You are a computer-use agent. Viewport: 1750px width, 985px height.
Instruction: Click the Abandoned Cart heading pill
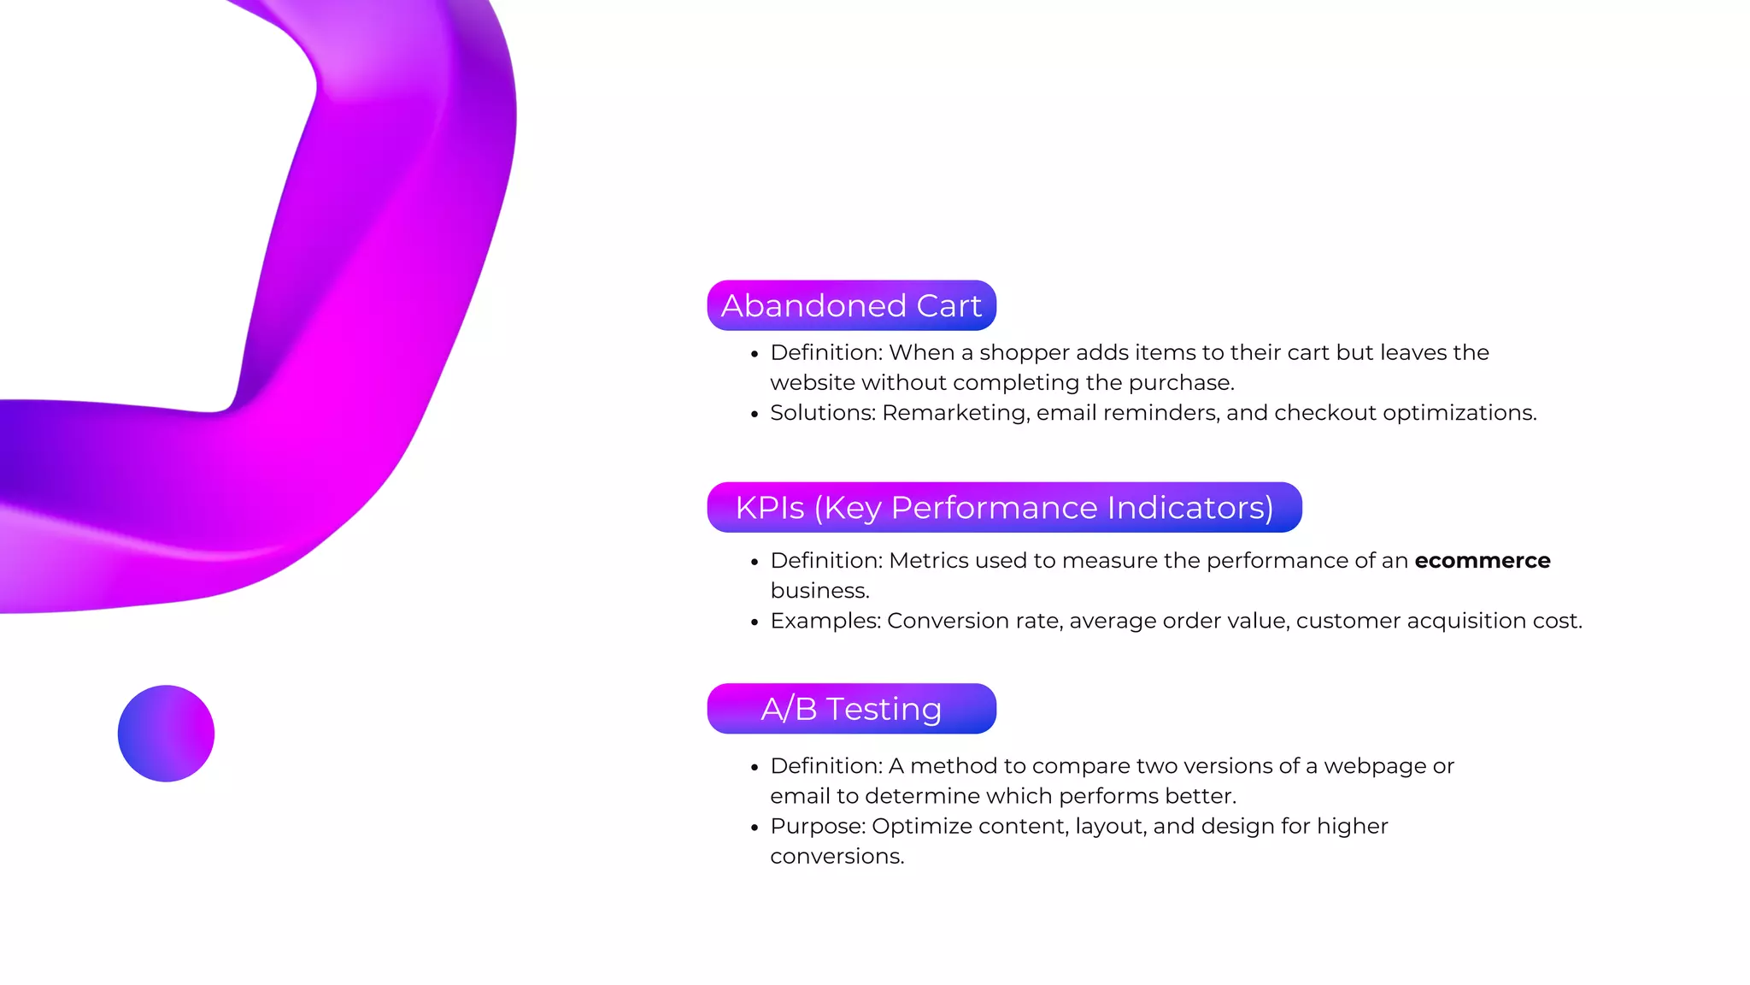(x=851, y=305)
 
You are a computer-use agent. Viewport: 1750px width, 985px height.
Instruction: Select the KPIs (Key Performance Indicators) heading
(x=1004, y=507)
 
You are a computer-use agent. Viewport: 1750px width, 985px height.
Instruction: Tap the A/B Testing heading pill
(x=851, y=709)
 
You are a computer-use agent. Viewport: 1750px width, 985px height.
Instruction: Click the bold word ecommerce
(x=1482, y=561)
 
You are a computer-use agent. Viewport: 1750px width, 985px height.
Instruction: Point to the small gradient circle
(x=166, y=734)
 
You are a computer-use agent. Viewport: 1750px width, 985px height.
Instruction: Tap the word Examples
(x=825, y=621)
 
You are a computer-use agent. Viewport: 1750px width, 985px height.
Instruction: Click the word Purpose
(x=817, y=826)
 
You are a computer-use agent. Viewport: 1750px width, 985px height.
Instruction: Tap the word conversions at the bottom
(x=836, y=856)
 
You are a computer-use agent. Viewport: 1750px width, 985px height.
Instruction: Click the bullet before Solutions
(x=755, y=415)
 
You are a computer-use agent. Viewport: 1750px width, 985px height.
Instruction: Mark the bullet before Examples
(x=755, y=622)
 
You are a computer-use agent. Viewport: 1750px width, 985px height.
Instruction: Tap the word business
(x=819, y=591)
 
